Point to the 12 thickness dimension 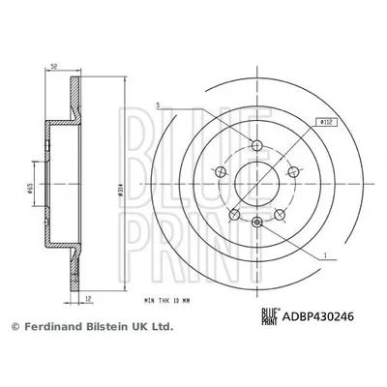click(x=87, y=299)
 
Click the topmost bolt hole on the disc click(x=256, y=146)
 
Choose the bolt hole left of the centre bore click(x=222, y=172)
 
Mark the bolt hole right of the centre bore click(x=292, y=172)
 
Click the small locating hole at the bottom click(x=256, y=224)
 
